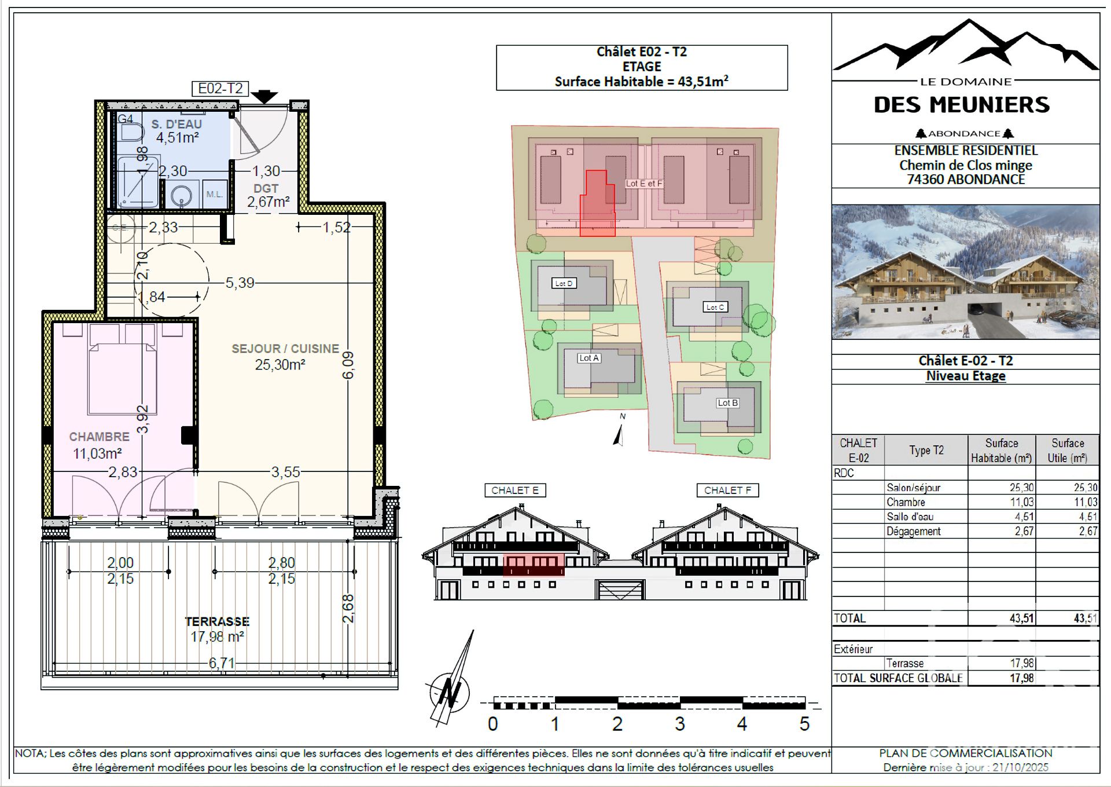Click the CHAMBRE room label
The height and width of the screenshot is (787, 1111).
pyautogui.click(x=99, y=437)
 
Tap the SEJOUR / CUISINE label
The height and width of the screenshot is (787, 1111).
pyautogui.click(x=285, y=349)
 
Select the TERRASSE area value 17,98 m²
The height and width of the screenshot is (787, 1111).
pyautogui.click(x=217, y=637)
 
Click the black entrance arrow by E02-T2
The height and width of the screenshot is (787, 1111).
pyautogui.click(x=264, y=97)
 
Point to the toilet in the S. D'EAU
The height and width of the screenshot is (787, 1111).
pyautogui.click(x=130, y=133)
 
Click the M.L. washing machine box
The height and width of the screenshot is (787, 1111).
pyautogui.click(x=214, y=195)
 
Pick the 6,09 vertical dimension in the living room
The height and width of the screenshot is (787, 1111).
pyautogui.click(x=348, y=365)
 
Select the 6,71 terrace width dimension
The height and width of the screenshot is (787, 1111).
pyautogui.click(x=222, y=662)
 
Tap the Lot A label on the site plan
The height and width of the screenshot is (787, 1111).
pyautogui.click(x=589, y=358)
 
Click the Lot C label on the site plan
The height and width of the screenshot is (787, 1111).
pyautogui.click(x=715, y=307)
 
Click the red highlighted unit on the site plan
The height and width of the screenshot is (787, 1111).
pyautogui.click(x=598, y=206)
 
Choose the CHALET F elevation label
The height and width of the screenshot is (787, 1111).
pyautogui.click(x=727, y=490)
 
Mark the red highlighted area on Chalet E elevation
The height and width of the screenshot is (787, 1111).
pyautogui.click(x=533, y=565)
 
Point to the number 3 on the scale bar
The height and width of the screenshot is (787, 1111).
pyautogui.click(x=679, y=724)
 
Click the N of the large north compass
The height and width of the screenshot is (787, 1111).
pyautogui.click(x=448, y=693)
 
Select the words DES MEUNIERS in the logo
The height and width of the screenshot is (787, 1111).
pyautogui.click(x=961, y=105)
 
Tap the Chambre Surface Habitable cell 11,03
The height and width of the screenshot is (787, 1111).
pyautogui.click(x=1021, y=502)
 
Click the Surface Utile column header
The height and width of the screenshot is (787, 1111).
pyautogui.click(x=1067, y=450)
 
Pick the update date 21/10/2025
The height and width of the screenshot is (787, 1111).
pyautogui.click(x=1020, y=767)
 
